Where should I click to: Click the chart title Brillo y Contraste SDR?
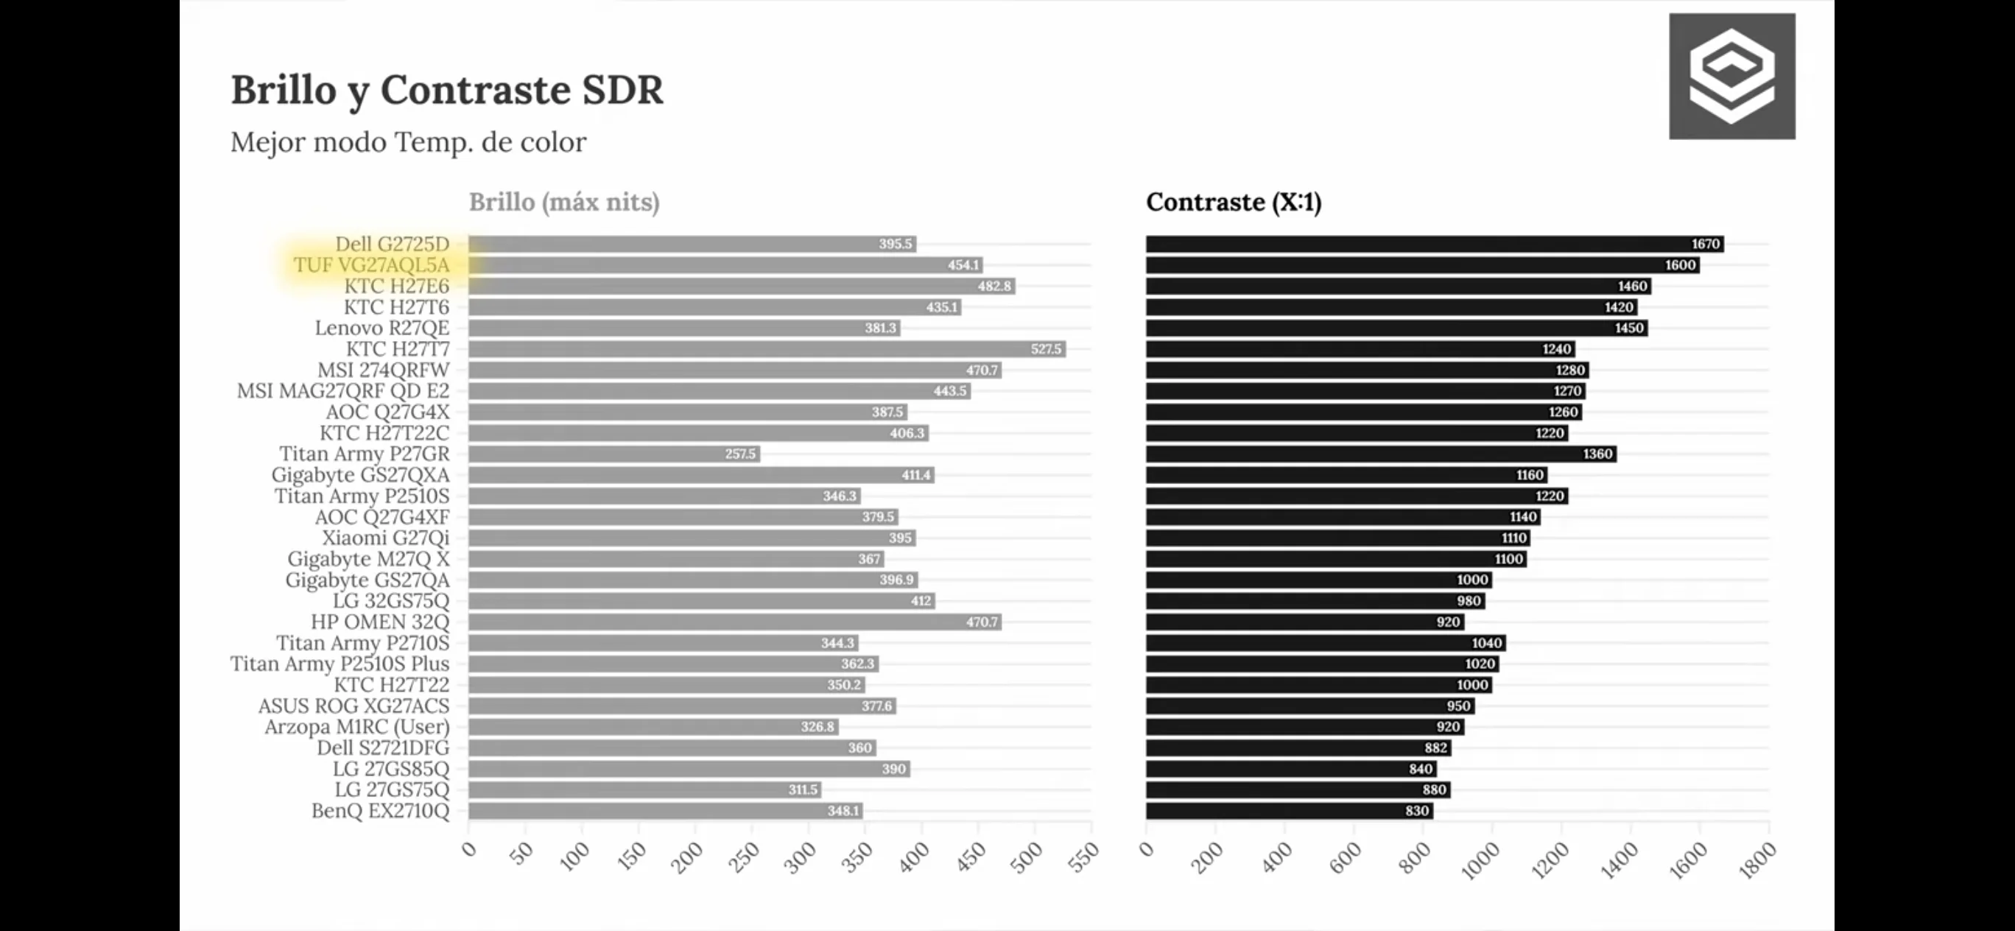click(x=446, y=90)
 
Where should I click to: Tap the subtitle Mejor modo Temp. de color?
click(x=407, y=142)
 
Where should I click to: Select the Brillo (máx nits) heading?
click(x=564, y=203)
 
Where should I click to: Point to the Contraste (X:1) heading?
click(x=1234, y=203)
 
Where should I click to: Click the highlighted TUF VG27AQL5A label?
click(x=372, y=265)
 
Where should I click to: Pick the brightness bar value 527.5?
click(x=1046, y=349)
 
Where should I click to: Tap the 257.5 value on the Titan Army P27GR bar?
click(x=740, y=454)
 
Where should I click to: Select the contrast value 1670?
click(x=1705, y=244)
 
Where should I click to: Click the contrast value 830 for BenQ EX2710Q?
click(x=1416, y=810)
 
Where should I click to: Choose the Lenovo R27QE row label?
click(x=381, y=328)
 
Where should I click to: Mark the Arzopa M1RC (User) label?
click(x=356, y=727)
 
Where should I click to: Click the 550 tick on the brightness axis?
click(x=1084, y=857)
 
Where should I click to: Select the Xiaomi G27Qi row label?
click(x=386, y=538)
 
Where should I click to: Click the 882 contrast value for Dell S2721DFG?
click(x=1435, y=748)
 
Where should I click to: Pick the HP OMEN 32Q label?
click(x=380, y=622)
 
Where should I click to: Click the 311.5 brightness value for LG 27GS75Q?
click(x=803, y=790)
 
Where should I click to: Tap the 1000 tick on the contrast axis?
click(x=1481, y=860)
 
